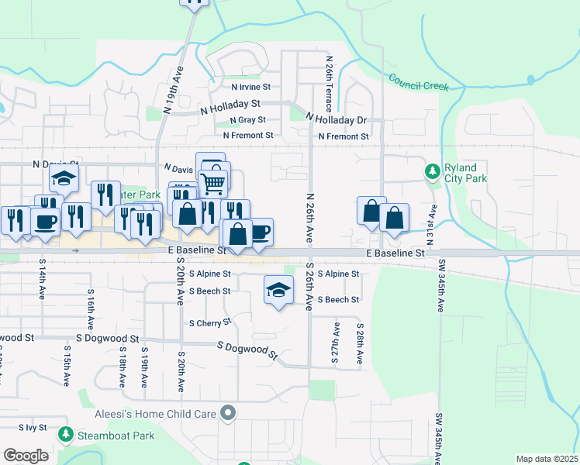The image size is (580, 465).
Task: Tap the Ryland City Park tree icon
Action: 432,170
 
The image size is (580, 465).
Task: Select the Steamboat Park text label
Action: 116,436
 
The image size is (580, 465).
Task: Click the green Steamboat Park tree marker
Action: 67,436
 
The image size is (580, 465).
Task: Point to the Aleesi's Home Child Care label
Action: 155,414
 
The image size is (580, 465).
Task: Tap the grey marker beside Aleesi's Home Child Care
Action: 228,414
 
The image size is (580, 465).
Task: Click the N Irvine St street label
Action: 250,88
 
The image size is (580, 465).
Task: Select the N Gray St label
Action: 248,120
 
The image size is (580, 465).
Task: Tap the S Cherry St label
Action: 210,323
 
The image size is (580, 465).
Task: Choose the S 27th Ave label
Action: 337,344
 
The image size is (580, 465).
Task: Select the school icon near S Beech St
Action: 278,290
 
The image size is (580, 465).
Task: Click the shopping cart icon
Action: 214,182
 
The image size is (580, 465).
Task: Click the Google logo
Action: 25,456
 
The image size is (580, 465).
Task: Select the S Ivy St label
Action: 32,428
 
